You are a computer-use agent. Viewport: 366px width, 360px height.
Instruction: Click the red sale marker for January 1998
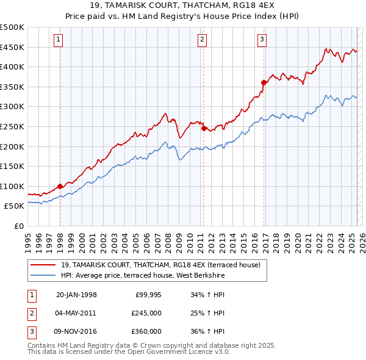60,187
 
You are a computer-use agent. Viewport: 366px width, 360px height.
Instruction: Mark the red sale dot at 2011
204,128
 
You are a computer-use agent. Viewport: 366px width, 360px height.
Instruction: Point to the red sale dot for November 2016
264,83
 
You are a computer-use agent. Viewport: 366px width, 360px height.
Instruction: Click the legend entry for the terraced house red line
160,265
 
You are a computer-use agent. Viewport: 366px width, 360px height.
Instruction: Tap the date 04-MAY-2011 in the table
76,313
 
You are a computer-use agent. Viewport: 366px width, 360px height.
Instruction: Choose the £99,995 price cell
146,295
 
